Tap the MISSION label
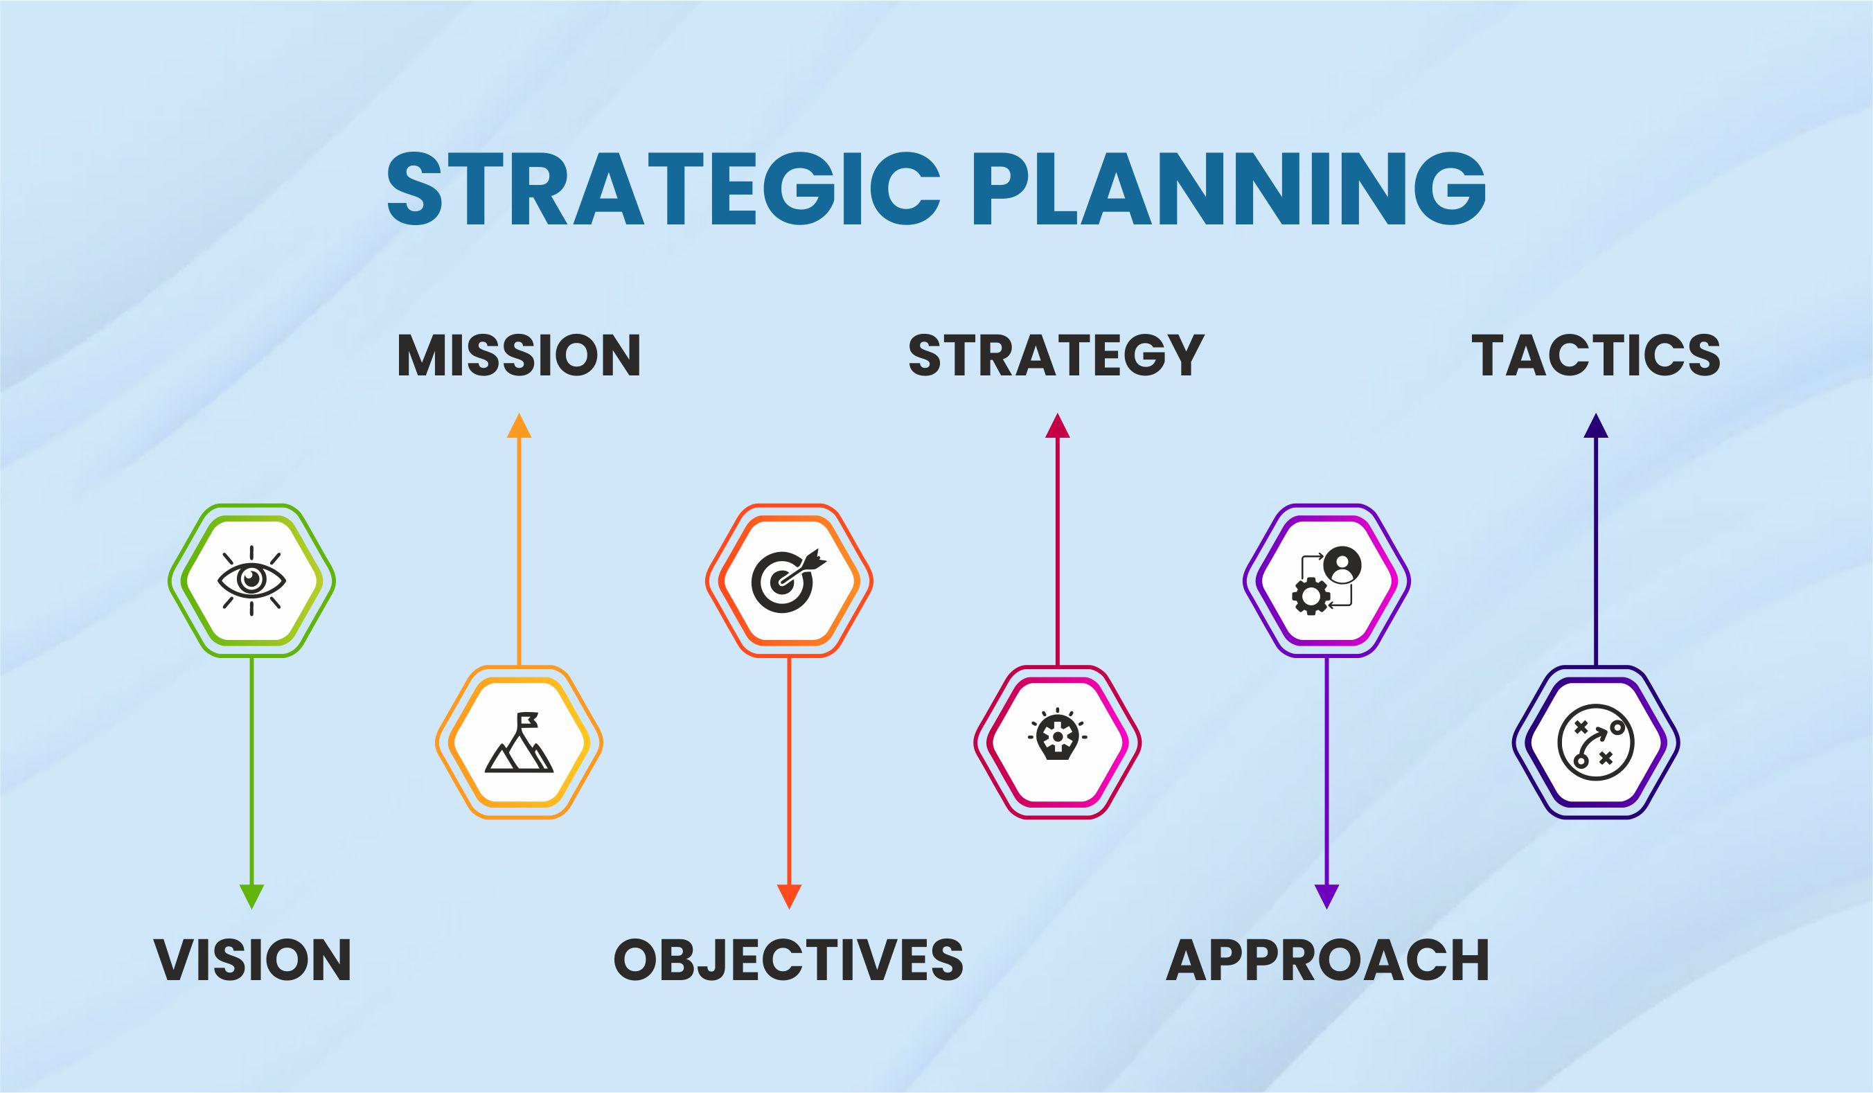pyautogui.click(x=519, y=356)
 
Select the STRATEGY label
pyautogui.click(x=1056, y=356)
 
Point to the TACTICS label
pyautogui.click(x=1596, y=356)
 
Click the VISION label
pyautogui.click(x=252, y=960)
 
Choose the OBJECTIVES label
pyautogui.click(x=788, y=960)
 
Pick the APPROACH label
pyautogui.click(x=1326, y=960)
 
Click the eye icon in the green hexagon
pyautogui.click(x=252, y=580)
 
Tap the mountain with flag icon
pyautogui.click(x=519, y=743)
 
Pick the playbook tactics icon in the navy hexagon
pyautogui.click(x=1596, y=743)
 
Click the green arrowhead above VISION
pyautogui.click(x=252, y=896)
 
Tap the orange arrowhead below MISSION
pyautogui.click(x=519, y=425)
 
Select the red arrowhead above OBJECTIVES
pyautogui.click(x=788, y=896)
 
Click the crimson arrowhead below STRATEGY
pyautogui.click(x=1057, y=425)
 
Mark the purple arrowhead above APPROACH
pyautogui.click(x=1326, y=896)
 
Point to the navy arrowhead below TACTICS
pyautogui.click(x=1596, y=425)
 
